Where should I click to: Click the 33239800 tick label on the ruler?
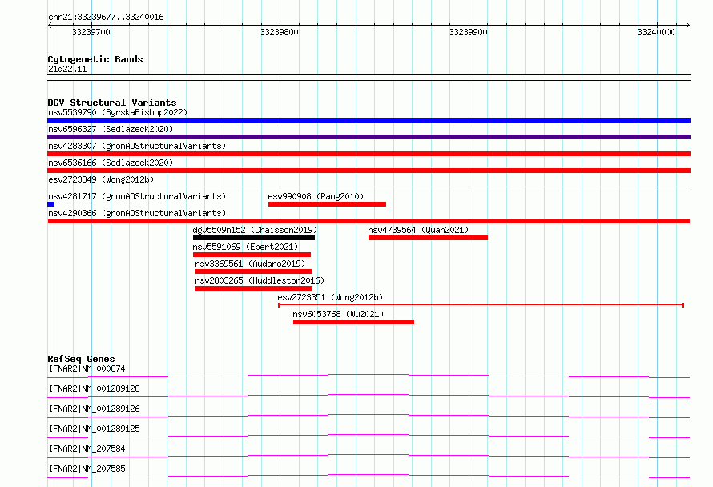click(280, 32)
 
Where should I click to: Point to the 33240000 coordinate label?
click(656, 32)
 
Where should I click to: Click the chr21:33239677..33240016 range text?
click(106, 18)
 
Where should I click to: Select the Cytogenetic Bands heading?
click(95, 59)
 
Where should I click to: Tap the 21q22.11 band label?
click(67, 69)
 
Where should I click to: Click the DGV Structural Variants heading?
click(112, 103)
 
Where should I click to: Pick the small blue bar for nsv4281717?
click(51, 204)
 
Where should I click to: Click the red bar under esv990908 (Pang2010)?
click(328, 204)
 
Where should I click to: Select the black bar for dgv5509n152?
click(254, 238)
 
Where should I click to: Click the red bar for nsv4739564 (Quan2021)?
click(428, 238)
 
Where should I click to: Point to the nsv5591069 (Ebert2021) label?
click(246, 247)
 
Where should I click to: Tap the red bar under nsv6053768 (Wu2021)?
click(354, 322)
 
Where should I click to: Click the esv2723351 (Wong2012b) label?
click(331, 297)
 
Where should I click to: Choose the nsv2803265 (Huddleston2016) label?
click(260, 280)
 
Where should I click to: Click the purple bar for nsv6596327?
click(369, 137)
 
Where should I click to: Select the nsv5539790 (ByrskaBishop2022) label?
click(118, 112)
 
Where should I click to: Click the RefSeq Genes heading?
click(81, 359)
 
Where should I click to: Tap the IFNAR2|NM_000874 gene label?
click(87, 368)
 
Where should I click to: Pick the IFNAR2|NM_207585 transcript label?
click(87, 469)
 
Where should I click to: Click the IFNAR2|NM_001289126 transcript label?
click(94, 409)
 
